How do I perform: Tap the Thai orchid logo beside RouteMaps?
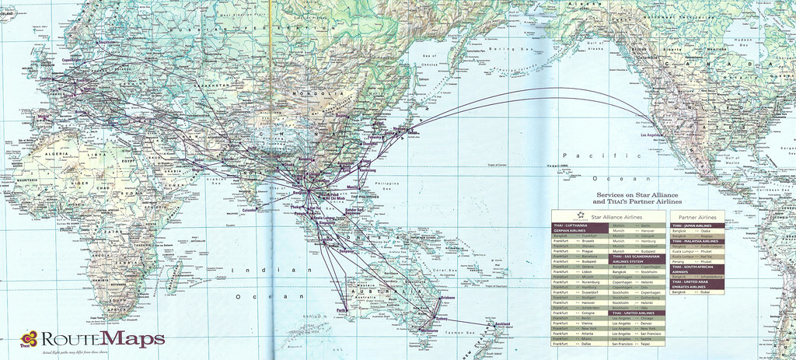(30, 337)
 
